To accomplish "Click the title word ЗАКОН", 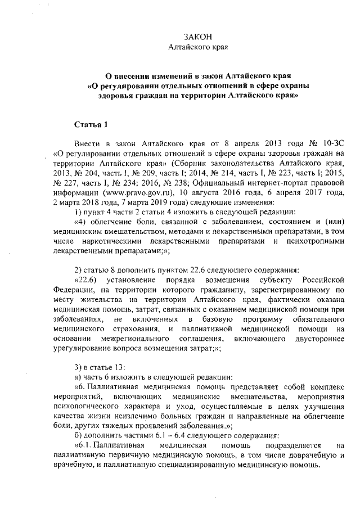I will pyautogui.click(x=198, y=37).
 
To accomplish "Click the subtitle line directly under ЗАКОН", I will pyautogui.click(x=198, y=47).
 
